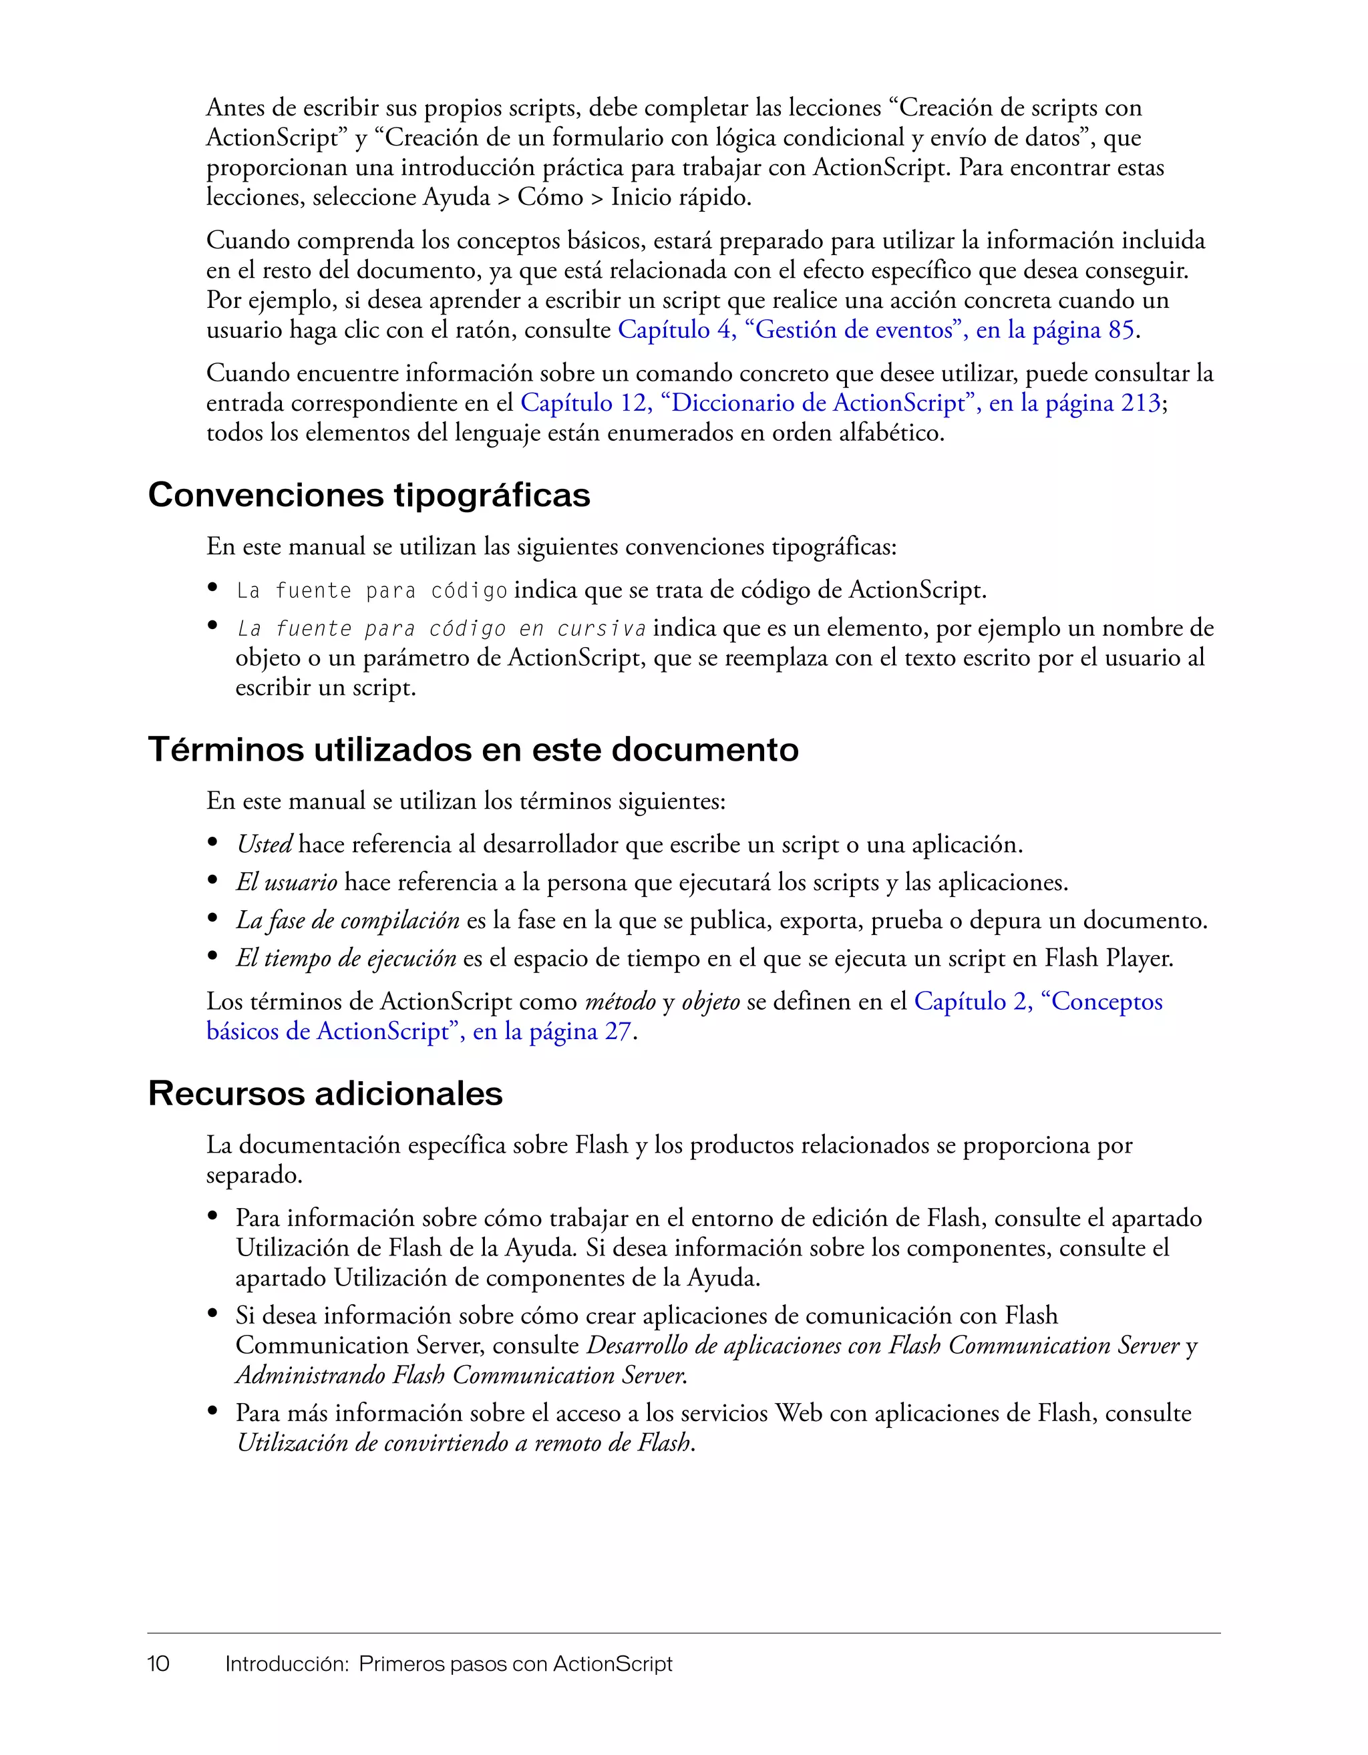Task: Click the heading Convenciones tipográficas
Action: pyautogui.click(x=369, y=495)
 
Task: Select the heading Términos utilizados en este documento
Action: pyautogui.click(x=473, y=750)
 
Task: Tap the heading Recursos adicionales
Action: pyautogui.click(x=325, y=1094)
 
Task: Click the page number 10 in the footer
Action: pyautogui.click(x=158, y=1664)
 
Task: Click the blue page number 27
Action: pyautogui.click(x=617, y=1032)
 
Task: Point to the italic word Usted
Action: pyautogui.click(x=264, y=845)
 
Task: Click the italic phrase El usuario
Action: pyautogui.click(x=286, y=883)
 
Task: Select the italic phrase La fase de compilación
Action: pyautogui.click(x=347, y=921)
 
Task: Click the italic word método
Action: pyautogui.click(x=620, y=1002)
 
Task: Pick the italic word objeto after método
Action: pyautogui.click(x=711, y=1002)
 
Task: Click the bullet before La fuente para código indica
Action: pyautogui.click(x=213, y=588)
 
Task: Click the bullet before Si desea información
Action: pyautogui.click(x=213, y=1315)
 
